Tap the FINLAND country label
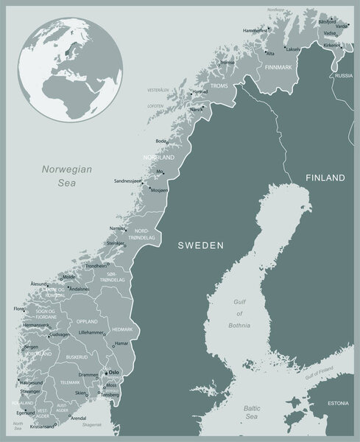[325, 178]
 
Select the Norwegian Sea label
[66, 175]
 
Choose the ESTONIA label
[338, 403]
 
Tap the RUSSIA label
[343, 76]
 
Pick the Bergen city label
[30, 345]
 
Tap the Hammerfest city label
[255, 31]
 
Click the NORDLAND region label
[159, 158]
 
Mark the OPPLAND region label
[87, 321]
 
